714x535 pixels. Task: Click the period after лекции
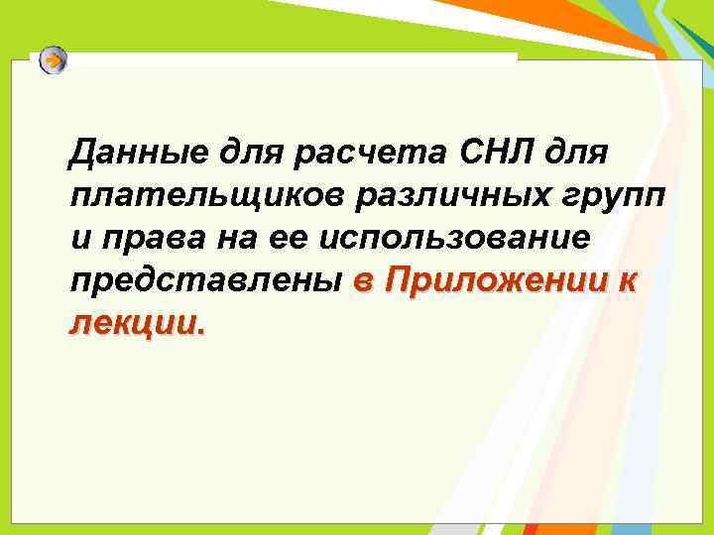click(204, 332)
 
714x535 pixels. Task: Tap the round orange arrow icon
click(54, 61)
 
